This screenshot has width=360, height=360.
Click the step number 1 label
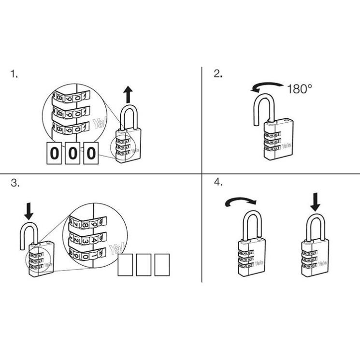14,74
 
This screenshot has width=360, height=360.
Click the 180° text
299,89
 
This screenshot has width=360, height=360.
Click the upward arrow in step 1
128,94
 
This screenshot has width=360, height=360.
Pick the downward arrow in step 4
316,202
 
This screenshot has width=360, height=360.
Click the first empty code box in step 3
126,265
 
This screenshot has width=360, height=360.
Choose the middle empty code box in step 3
144,265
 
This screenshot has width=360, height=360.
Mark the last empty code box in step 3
162,265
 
